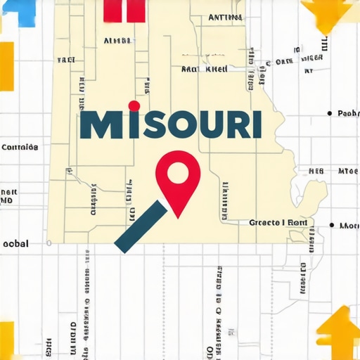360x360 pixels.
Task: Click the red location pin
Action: coord(178,179)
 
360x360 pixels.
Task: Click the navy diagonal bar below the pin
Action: coord(141,226)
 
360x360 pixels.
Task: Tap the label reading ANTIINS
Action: coord(226,17)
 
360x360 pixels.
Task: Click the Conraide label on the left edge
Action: coord(20,148)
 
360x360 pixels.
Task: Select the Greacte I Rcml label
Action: coord(278,222)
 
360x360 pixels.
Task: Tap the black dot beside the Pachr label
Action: coord(329,112)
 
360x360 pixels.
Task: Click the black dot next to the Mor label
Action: coord(331,226)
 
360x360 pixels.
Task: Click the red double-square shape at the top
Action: coord(124,10)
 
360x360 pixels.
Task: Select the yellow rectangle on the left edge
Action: coord(6,66)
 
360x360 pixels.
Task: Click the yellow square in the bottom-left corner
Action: coord(6,340)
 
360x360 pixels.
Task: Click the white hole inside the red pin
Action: coord(178,171)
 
